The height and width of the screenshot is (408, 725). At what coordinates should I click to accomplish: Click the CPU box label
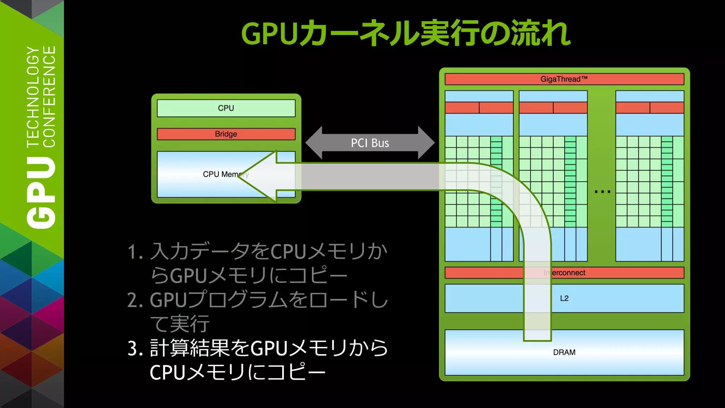pos(226,108)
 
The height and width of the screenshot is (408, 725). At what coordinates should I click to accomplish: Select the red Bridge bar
pos(226,134)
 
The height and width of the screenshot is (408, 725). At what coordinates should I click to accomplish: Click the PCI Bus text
pos(370,143)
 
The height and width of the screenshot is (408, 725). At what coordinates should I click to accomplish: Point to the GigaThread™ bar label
pos(564,79)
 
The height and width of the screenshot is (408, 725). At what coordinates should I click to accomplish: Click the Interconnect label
pos(565,273)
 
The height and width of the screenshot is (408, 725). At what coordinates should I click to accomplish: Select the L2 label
pos(564,298)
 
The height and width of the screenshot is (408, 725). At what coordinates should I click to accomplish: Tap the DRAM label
pos(564,352)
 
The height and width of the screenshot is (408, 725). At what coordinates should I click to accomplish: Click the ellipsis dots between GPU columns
pos(603,192)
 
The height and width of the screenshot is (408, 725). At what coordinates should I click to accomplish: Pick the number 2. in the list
pos(135,300)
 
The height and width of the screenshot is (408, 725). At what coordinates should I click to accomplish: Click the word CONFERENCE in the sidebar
pos(49,96)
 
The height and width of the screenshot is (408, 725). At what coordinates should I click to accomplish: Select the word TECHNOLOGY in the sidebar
pos(33,96)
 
